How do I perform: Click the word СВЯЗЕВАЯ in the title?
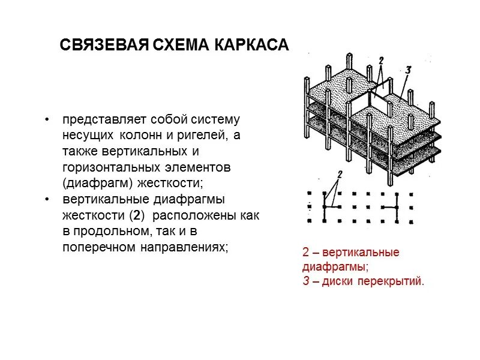[103, 46]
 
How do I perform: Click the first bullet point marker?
[47, 119]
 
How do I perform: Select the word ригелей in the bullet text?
[197, 136]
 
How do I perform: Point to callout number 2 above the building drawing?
[380, 61]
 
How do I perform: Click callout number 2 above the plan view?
[340, 175]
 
